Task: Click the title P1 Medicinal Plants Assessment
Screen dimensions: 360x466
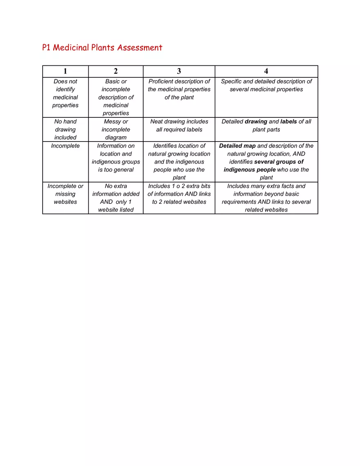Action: (x=102, y=48)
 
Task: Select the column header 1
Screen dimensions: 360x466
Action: (x=65, y=71)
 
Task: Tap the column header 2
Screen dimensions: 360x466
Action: (x=116, y=71)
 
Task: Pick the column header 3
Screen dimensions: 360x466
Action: (x=179, y=71)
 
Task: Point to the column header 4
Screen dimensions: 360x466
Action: (x=266, y=71)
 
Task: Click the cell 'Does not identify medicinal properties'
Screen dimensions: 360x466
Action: (x=65, y=93)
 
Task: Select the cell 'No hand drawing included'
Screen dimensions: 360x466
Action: (x=65, y=129)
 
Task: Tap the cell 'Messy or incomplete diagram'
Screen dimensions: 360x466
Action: (x=116, y=129)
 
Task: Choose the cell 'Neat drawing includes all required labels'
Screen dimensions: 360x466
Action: (x=179, y=126)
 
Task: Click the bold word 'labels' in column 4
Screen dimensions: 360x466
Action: (x=288, y=122)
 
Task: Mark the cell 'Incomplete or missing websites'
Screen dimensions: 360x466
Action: (x=65, y=194)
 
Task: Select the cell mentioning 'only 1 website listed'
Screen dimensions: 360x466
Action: (x=116, y=198)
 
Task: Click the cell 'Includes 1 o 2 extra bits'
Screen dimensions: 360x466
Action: (x=179, y=194)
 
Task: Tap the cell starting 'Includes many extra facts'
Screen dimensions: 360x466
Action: (x=266, y=198)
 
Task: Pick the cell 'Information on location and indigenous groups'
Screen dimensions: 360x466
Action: (x=116, y=158)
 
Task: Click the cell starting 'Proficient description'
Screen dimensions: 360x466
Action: (x=179, y=89)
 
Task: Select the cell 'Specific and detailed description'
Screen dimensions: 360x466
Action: (x=266, y=85)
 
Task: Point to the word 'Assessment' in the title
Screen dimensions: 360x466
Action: (x=140, y=48)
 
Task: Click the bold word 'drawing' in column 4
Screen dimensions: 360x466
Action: (x=256, y=122)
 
